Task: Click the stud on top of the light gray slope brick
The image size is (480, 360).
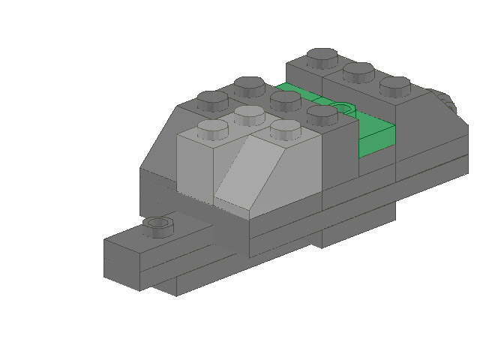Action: click(284, 129)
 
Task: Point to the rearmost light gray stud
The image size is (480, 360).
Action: click(249, 115)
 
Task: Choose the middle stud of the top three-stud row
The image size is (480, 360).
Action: click(359, 71)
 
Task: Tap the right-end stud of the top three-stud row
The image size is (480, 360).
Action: click(394, 85)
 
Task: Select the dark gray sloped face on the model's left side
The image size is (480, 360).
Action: click(159, 142)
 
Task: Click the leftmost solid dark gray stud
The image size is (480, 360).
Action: click(212, 99)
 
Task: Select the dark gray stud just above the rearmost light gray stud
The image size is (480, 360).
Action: click(248, 85)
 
